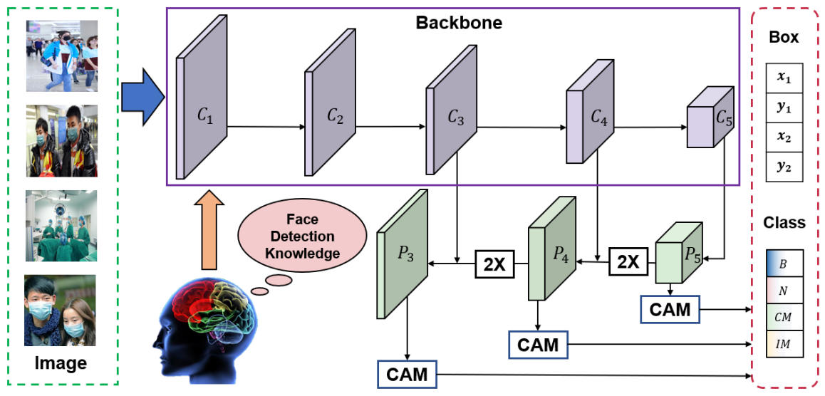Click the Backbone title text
[459, 23]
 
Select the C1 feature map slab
[202, 107]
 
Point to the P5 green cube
[677, 253]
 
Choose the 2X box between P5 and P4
[628, 262]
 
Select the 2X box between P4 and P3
[494, 264]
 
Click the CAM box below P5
[670, 308]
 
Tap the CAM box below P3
[408, 373]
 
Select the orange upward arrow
[209, 229]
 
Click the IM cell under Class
[784, 344]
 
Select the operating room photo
[61, 225]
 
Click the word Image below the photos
[61, 363]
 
